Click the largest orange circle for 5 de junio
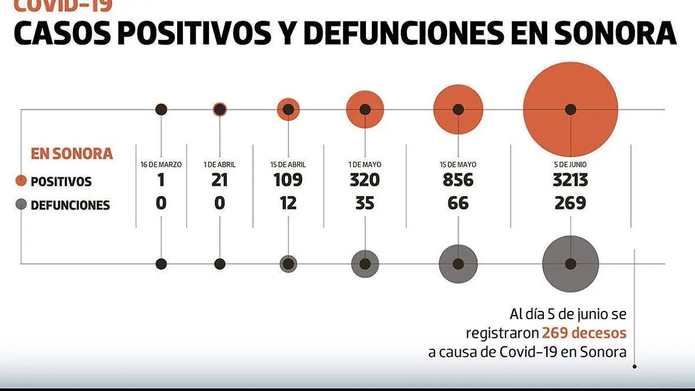click(570, 109)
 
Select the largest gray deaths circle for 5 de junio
click(570, 263)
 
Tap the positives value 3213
click(570, 180)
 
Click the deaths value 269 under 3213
click(570, 203)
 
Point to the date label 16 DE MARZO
click(161, 165)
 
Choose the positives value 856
click(458, 180)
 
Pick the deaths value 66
click(458, 203)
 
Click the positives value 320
click(365, 180)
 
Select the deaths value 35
click(365, 203)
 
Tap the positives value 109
click(288, 180)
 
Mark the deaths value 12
click(288, 203)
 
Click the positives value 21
click(220, 180)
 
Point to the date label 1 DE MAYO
click(365, 165)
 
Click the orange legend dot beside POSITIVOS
click(21, 180)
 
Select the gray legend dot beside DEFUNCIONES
click(21, 204)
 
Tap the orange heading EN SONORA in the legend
click(71, 154)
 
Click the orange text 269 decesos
click(584, 333)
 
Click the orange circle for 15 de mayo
click(458, 109)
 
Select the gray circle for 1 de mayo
click(365, 263)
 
